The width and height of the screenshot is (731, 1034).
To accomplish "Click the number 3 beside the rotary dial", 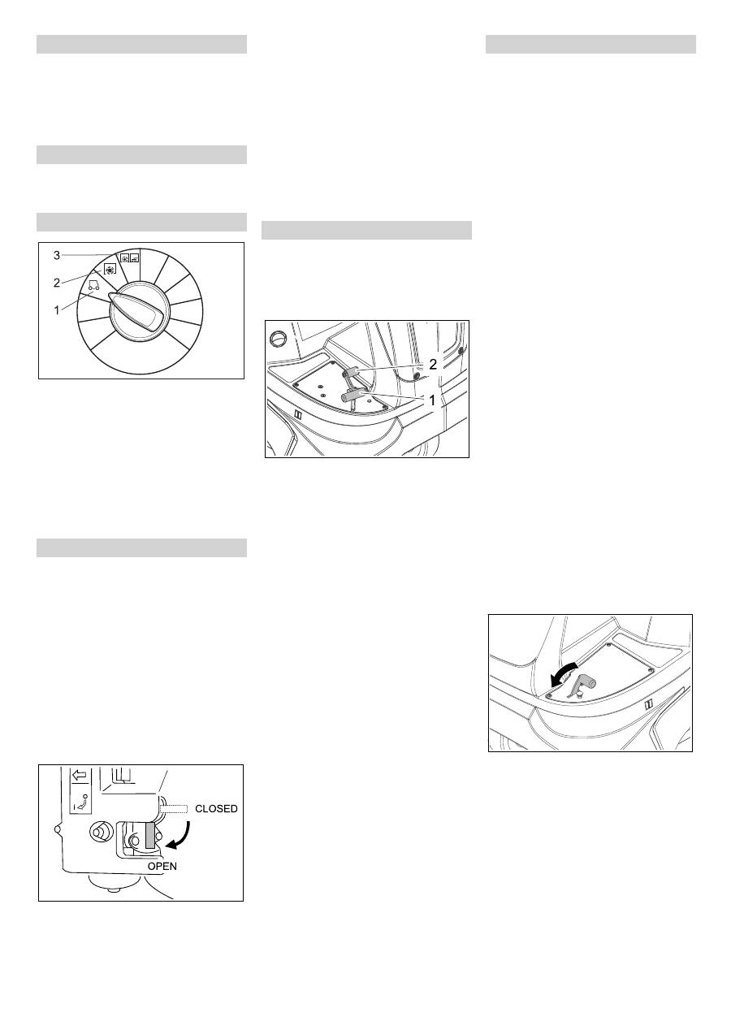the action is click(57, 255).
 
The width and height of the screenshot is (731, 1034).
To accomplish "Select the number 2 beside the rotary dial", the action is click(57, 283).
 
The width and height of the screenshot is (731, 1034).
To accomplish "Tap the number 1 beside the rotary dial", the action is click(57, 310).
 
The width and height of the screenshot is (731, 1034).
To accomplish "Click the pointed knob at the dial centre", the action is click(136, 311).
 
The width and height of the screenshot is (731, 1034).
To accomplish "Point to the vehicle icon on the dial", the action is click(93, 286).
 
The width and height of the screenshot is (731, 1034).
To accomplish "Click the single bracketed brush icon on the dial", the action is click(110, 270).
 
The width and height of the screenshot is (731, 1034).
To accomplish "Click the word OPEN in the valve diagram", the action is click(162, 866).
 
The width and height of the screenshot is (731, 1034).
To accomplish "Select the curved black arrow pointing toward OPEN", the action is click(181, 837).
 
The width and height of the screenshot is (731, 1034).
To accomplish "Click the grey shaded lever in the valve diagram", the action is click(150, 836).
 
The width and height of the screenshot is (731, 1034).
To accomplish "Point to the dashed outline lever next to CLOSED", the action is click(173, 808).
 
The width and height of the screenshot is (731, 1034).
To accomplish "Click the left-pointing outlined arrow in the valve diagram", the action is click(80, 775).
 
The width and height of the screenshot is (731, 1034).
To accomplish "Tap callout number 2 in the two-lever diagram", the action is click(432, 365).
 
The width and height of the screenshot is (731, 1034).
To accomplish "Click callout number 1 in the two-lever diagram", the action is click(432, 400).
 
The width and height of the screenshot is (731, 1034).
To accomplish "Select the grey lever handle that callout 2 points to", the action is click(353, 371).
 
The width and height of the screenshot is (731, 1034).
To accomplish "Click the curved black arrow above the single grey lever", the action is click(562, 674).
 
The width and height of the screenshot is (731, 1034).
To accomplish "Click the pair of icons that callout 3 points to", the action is click(129, 258).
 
